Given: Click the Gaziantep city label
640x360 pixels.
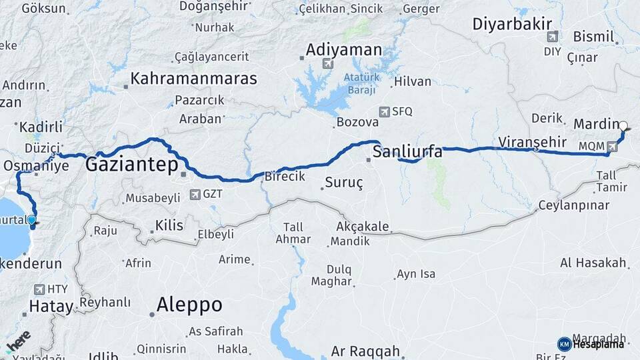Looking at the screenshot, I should tap(131, 165).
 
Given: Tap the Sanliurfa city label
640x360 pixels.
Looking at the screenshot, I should tap(407, 152).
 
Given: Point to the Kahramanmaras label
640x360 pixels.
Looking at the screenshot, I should tap(194, 79).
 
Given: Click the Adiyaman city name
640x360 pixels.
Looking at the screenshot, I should tap(344, 50).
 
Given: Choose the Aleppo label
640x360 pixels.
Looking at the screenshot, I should tap(189, 305).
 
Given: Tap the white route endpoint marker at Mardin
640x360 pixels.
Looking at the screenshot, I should tap(623, 125).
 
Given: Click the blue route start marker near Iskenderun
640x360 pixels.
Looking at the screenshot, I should tap(31, 219).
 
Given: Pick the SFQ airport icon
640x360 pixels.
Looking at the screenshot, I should tap(383, 111).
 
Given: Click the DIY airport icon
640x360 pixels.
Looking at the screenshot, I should tap(551, 37).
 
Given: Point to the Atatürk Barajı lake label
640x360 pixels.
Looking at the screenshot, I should tap(361, 83).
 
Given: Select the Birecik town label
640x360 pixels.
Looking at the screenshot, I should tap(285, 176).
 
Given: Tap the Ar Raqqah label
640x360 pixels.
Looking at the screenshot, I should tap(365, 351).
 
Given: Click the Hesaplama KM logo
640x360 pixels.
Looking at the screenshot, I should tap(593, 344).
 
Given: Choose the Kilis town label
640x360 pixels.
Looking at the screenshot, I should tap(169, 225).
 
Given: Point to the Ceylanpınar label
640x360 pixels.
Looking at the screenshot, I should tap(573, 204).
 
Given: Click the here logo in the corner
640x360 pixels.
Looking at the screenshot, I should tap(18, 341).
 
